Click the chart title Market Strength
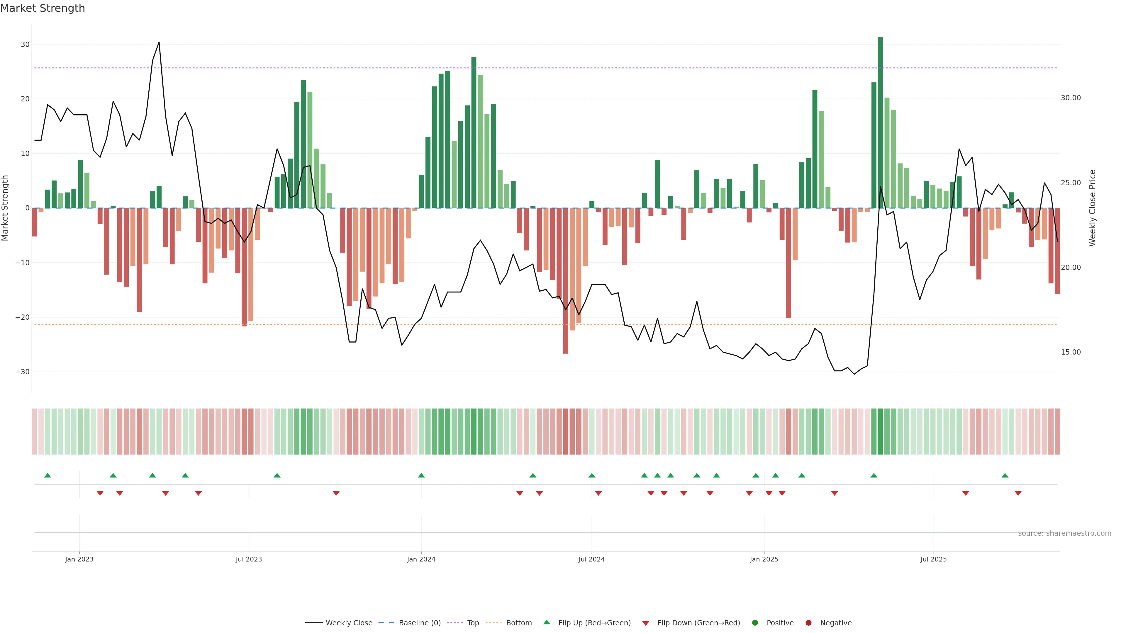tap(43, 8)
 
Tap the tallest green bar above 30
tap(880, 122)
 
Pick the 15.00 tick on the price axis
tap(1071, 352)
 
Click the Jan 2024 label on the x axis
tap(421, 559)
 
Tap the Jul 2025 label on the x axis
tap(933, 559)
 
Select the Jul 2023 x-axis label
tap(249, 559)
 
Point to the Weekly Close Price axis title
tap(1092, 208)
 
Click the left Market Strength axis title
tap(5, 208)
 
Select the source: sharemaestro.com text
tap(1064, 533)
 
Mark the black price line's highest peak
tap(159, 42)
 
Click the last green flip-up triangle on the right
tap(1005, 475)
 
